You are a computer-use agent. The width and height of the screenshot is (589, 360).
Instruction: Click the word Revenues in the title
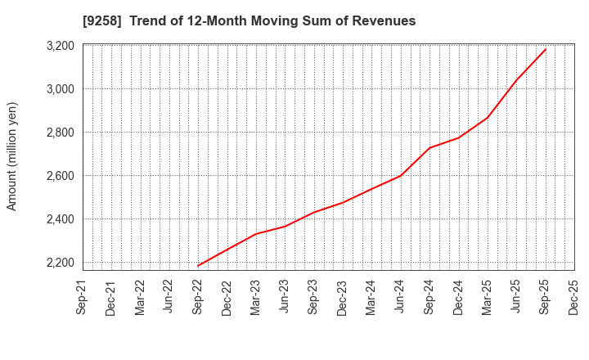pyautogui.click(x=384, y=21)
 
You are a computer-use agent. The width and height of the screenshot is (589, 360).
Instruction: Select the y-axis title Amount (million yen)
pyautogui.click(x=12, y=156)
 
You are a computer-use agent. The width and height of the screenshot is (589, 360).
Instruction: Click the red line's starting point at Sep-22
pyautogui.click(x=198, y=266)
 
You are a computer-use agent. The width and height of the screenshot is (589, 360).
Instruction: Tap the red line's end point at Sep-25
pyautogui.click(x=546, y=49)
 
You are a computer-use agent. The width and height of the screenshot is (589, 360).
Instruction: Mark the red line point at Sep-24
pyautogui.click(x=429, y=148)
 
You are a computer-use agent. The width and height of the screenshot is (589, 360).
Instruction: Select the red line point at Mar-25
pyautogui.click(x=488, y=118)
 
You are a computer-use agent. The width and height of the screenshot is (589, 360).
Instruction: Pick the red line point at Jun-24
pyautogui.click(x=401, y=175)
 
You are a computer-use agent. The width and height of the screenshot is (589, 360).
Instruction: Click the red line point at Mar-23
pyautogui.click(x=256, y=234)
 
